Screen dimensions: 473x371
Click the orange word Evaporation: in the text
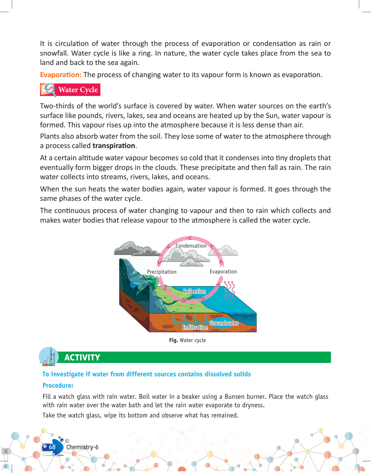point(61,75)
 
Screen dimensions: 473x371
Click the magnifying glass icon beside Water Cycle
point(49,89)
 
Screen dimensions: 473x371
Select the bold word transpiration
point(114,146)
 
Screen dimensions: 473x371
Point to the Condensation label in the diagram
point(191,246)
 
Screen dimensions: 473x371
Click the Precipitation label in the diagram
point(162,272)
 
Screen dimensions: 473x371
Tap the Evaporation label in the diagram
point(223,271)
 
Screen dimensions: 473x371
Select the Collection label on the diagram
point(194,291)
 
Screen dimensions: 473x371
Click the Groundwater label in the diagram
point(224,323)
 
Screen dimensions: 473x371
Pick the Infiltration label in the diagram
point(195,327)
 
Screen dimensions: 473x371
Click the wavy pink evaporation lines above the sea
point(229,291)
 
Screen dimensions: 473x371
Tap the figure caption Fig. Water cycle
point(187,340)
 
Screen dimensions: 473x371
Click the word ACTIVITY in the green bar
point(82,357)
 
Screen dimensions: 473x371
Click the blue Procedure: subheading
point(58,385)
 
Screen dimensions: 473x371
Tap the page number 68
point(52,447)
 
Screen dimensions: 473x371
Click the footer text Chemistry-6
point(82,447)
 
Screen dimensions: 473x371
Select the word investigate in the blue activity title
point(68,374)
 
